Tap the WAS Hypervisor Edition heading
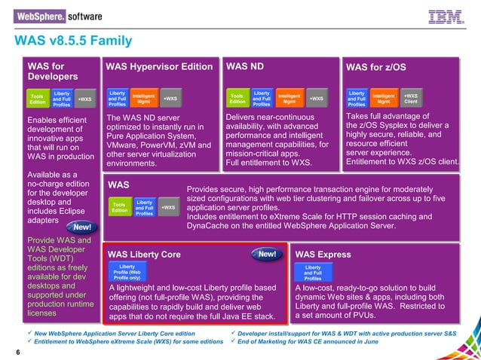(159, 67)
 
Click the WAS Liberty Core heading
(145, 255)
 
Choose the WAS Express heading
(323, 255)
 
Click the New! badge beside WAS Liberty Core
(267, 255)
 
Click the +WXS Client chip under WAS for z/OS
(411, 99)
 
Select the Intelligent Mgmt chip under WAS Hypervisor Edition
(143, 99)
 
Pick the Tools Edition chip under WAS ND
(237, 99)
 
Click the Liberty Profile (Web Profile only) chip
(133, 272)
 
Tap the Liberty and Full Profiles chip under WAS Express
(313, 272)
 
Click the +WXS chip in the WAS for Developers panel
(85, 99)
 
